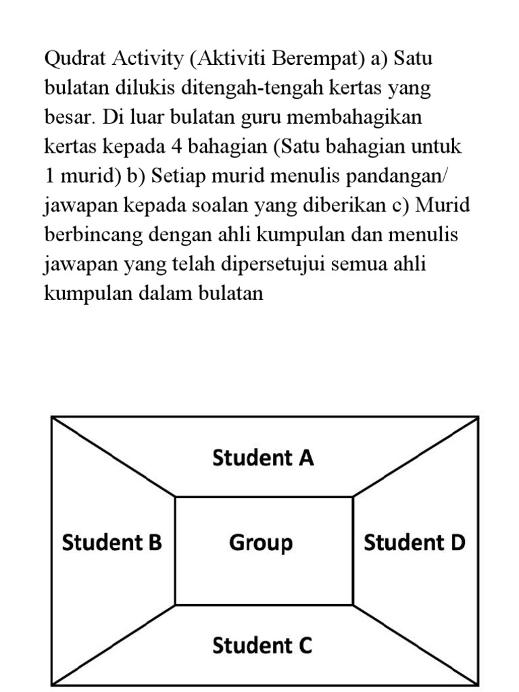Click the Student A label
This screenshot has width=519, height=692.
[x=263, y=458]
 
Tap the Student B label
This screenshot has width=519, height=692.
[x=112, y=542]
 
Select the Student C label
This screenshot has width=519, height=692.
[x=262, y=645]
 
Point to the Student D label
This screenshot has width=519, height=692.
[x=414, y=542]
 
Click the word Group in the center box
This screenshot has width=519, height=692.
[x=261, y=542]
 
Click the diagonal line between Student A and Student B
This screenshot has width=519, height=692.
[x=114, y=457]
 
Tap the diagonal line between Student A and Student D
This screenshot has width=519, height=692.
[x=416, y=457]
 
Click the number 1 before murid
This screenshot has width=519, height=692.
[x=49, y=176]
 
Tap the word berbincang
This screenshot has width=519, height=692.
[x=91, y=234]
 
